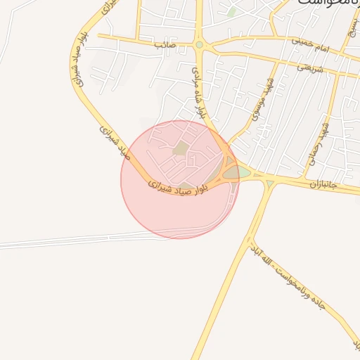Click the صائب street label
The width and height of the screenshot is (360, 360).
click(x=165, y=44)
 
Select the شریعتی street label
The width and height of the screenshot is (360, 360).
click(x=309, y=67)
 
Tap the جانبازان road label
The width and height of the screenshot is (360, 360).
click(x=323, y=185)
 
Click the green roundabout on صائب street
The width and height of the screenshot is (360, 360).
click(x=199, y=45)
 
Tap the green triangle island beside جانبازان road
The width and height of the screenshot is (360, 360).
click(x=270, y=184)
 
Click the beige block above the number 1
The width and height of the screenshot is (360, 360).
click(x=181, y=148)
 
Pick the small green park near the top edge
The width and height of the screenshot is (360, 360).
click(x=232, y=12)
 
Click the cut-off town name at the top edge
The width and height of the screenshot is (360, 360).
click(x=323, y=4)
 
